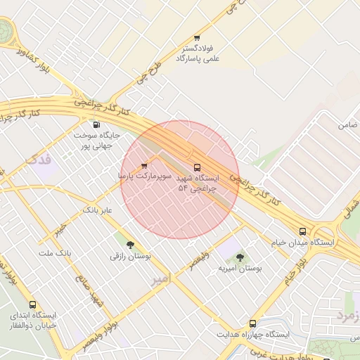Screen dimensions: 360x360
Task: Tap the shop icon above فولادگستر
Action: point(197,38)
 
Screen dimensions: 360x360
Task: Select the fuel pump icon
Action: point(96,124)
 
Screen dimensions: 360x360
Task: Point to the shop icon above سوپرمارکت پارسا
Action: point(145,166)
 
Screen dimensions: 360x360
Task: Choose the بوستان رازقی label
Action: point(128,256)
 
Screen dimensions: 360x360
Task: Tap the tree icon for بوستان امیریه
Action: point(240,257)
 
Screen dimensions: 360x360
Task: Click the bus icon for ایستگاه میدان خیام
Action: point(302,231)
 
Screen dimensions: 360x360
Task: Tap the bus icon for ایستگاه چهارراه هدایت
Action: point(252,324)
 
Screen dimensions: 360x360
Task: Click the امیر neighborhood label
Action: point(160,279)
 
